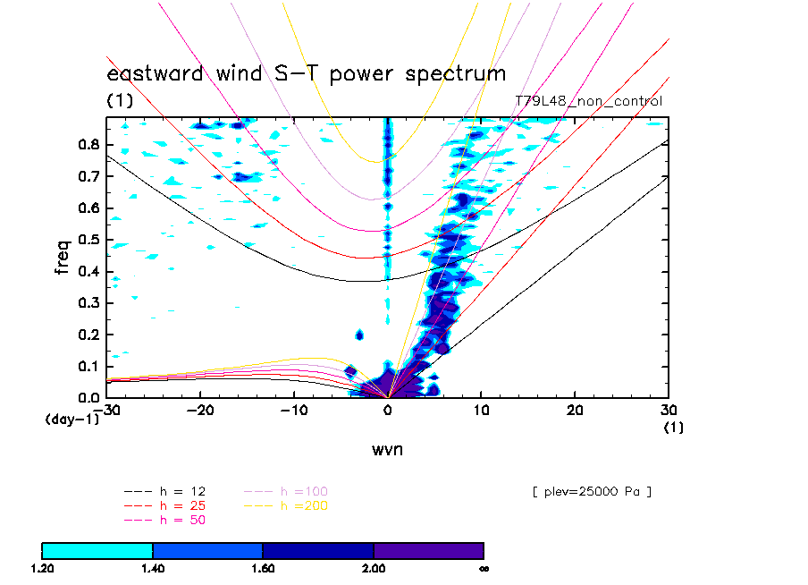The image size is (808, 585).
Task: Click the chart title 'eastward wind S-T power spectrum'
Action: tap(307, 73)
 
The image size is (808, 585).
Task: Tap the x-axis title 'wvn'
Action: tap(387, 449)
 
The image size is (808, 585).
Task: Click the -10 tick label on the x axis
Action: tap(293, 409)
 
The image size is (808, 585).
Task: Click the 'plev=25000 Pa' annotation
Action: tap(591, 491)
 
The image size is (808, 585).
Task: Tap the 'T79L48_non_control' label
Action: tap(589, 101)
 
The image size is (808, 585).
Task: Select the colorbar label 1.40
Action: tap(152, 567)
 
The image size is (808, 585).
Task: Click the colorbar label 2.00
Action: tap(373, 567)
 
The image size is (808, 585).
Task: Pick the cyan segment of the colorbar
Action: tap(97, 550)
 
